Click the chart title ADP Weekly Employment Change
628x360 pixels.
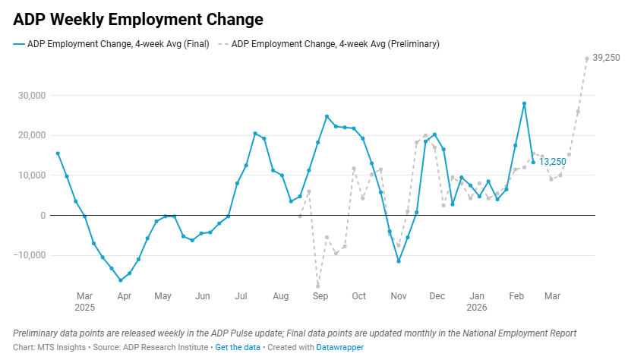pos(138,18)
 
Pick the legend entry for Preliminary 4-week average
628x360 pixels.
pos(330,44)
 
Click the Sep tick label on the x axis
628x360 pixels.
pos(320,295)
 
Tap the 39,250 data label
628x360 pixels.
pos(606,58)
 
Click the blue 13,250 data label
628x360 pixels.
pos(553,163)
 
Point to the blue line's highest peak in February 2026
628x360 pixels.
pos(524,103)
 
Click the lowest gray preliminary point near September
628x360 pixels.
pos(318,286)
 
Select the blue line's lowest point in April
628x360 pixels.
pos(120,280)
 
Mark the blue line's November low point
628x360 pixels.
pos(399,261)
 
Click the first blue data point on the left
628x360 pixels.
pos(58,153)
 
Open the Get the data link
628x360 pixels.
pos(237,347)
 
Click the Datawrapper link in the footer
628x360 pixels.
pos(340,347)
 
